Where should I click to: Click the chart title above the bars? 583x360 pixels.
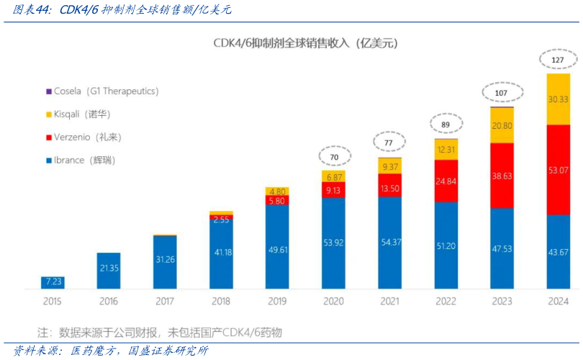305,42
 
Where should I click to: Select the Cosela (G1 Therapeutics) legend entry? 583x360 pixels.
101,91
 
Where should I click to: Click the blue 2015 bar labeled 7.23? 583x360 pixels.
53,282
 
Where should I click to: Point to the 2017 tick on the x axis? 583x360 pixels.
164,302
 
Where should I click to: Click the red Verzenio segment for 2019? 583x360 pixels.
276,201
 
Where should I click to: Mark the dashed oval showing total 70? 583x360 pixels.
333,156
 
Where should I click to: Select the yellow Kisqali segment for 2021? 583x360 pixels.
389,166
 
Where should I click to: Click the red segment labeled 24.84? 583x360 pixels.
446,181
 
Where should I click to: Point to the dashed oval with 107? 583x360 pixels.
502,93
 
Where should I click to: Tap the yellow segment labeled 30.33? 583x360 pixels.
558,99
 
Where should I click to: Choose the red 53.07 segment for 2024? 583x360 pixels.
558,170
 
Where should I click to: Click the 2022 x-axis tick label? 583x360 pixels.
446,302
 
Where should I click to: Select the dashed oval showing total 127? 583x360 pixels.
558,60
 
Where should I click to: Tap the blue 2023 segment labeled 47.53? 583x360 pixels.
502,248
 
